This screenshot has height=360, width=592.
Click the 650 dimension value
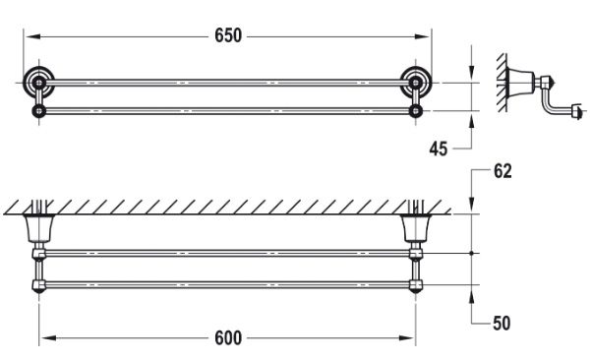tap(227, 35)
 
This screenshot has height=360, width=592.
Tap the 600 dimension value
tap(227, 337)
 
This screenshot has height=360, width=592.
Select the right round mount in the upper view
tap(417, 82)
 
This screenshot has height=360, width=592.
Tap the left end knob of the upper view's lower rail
tap(37, 110)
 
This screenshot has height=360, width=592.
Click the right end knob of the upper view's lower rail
tap(417, 110)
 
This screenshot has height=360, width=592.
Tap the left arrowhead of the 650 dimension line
tap(28, 36)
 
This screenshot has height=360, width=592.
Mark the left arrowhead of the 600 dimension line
tap(43, 337)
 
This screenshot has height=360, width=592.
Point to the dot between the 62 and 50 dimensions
tap(474, 255)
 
